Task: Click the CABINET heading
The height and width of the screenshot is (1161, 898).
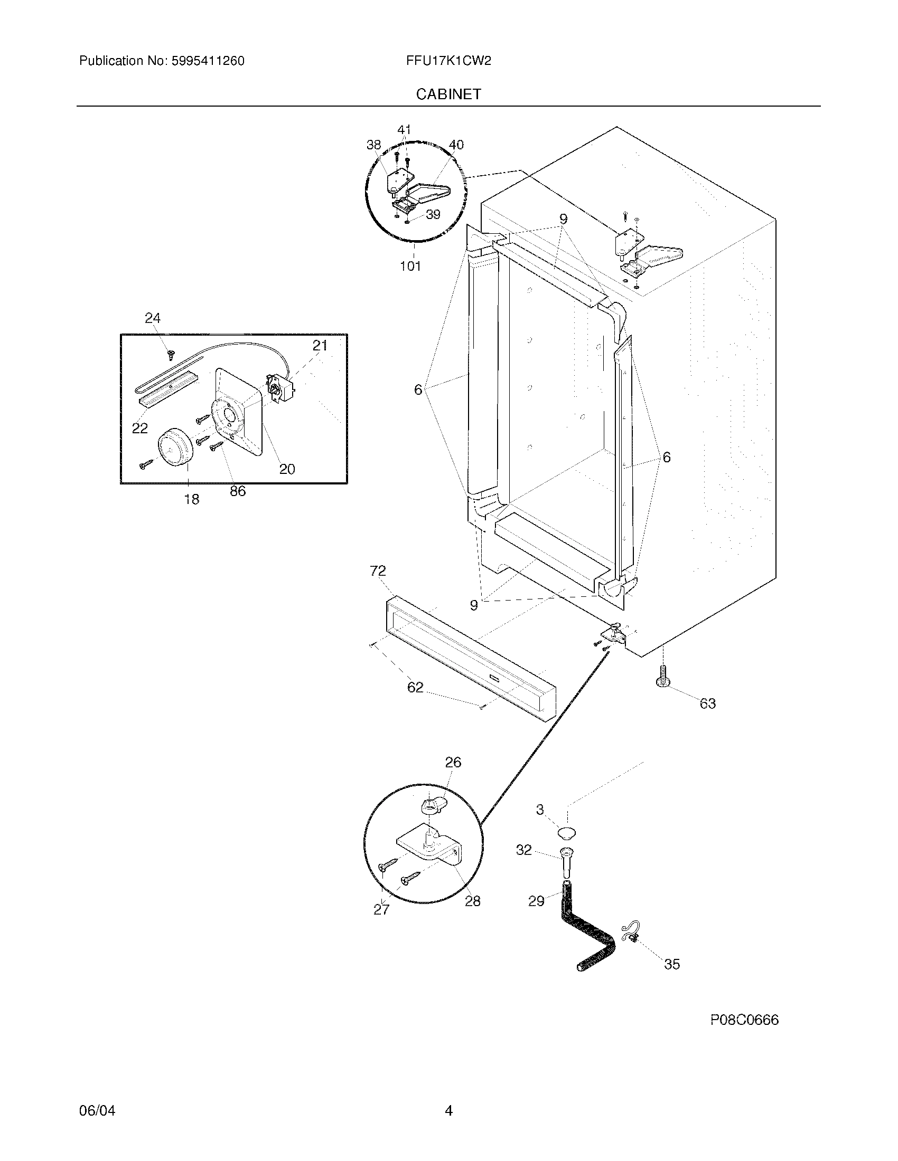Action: [448, 94]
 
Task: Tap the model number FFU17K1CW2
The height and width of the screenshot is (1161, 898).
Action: [448, 61]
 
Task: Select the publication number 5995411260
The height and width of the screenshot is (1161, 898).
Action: [208, 61]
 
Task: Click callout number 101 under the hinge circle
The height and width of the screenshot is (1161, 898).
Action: [410, 267]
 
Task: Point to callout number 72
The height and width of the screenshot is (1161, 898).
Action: [377, 571]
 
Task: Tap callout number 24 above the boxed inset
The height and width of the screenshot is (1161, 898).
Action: [153, 318]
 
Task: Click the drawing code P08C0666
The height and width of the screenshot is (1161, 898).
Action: [744, 1020]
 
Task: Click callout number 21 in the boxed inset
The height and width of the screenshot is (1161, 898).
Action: [320, 346]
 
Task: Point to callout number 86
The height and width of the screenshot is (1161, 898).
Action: [238, 491]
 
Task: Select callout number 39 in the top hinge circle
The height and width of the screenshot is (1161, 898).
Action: [433, 215]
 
